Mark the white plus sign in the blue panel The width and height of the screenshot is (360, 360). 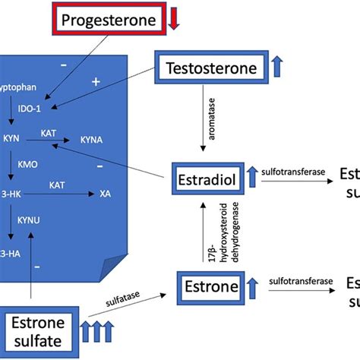pyautogui.click(x=96, y=80)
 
